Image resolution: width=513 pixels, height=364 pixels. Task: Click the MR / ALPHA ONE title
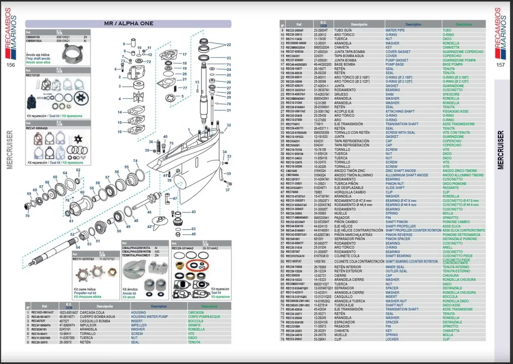[128, 24]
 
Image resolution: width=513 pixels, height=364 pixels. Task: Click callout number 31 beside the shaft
[229, 110]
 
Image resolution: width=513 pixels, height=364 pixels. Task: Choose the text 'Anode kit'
[130, 293]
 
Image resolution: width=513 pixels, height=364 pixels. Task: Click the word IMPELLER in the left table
[139, 325]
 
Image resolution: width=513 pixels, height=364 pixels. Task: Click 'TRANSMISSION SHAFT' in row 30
[402, 124]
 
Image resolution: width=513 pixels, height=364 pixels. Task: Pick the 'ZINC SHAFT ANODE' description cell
[401, 170]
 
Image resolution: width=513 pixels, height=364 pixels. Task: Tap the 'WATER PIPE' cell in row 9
[395, 30]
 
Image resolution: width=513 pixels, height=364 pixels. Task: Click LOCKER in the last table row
[392, 339]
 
